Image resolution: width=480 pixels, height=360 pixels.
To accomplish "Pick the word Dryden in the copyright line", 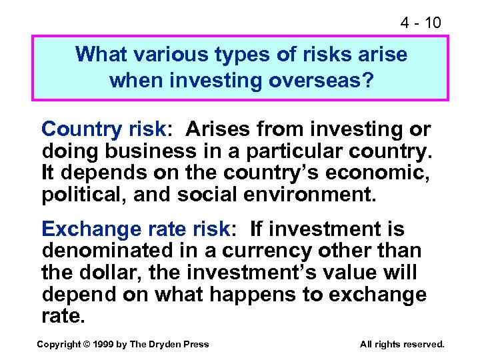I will [x=164, y=344].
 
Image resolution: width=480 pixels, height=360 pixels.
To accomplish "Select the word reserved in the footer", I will [x=422, y=344].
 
